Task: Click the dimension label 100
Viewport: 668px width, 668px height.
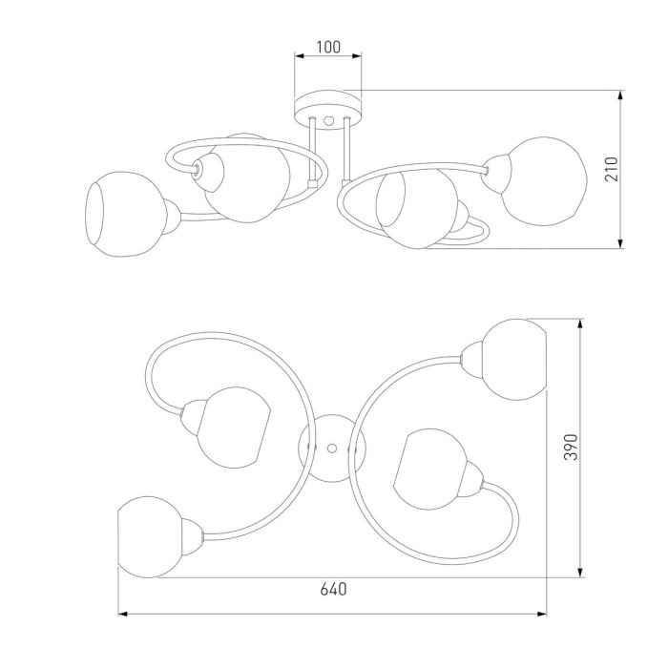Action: coord(328,47)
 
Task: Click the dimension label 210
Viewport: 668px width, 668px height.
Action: coord(612,169)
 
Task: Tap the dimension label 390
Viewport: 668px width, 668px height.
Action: coord(571,447)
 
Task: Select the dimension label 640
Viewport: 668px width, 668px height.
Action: coord(334,589)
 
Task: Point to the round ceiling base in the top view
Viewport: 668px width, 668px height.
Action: coord(332,448)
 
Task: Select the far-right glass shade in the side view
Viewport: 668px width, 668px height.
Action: coord(544,181)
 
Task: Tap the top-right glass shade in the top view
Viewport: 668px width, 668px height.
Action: coord(514,359)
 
